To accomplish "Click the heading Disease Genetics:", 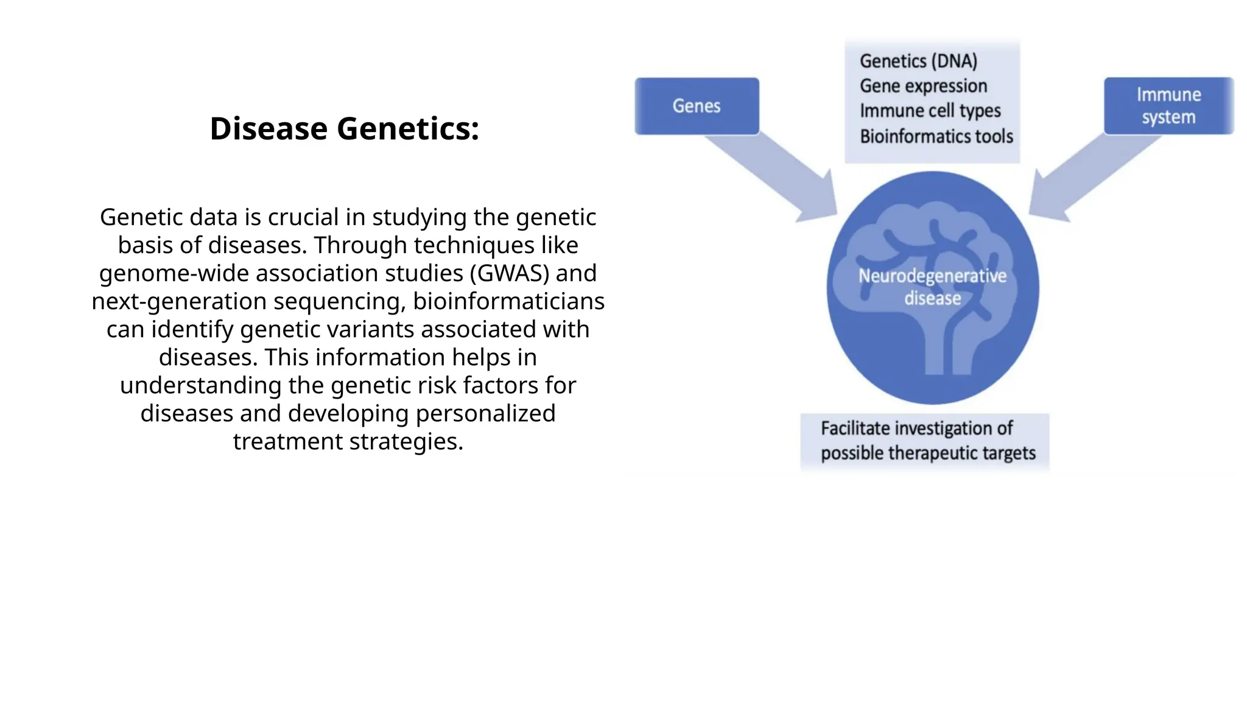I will click(x=344, y=129).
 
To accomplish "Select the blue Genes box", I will click(x=697, y=106).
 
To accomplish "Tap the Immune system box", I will click(x=1168, y=106).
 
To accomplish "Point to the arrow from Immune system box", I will click(x=1090, y=176).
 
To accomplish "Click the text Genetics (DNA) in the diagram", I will click(x=918, y=61).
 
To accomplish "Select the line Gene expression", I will click(x=923, y=86).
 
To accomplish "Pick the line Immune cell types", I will click(x=930, y=111).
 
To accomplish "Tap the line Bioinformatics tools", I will click(x=936, y=136).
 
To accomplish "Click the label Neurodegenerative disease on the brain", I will click(x=932, y=287).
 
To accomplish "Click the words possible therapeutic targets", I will click(x=927, y=453).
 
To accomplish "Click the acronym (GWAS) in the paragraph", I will click(x=509, y=273).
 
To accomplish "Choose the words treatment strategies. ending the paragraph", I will click(x=348, y=441).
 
